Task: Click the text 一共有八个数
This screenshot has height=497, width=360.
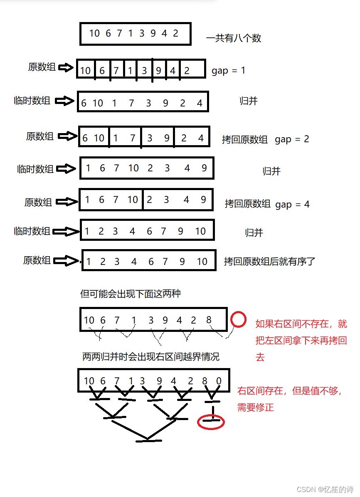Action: click(234, 38)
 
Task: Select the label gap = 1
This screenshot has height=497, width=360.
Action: click(228, 70)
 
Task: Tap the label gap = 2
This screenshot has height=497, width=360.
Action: click(292, 139)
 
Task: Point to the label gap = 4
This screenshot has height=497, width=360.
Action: click(292, 204)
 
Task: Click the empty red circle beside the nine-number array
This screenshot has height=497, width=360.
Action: click(238, 320)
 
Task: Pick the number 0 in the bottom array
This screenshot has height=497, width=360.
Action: click(219, 381)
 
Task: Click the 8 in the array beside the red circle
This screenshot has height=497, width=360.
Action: click(209, 320)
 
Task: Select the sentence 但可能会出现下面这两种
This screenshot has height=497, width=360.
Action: click(130, 294)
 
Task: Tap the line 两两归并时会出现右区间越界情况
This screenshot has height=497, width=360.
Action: click(150, 357)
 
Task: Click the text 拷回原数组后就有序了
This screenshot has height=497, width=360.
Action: click(270, 261)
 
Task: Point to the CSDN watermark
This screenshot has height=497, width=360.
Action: click(325, 489)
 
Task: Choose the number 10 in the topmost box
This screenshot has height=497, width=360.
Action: click(94, 33)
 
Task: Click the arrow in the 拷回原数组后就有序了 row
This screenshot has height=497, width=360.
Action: click(67, 261)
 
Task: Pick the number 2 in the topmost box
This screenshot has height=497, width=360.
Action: click(175, 33)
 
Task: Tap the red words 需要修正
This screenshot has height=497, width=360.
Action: click(256, 407)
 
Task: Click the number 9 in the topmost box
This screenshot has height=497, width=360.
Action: click(153, 33)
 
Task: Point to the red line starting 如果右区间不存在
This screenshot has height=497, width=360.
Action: click(301, 324)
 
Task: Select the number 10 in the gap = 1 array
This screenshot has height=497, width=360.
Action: click(85, 71)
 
